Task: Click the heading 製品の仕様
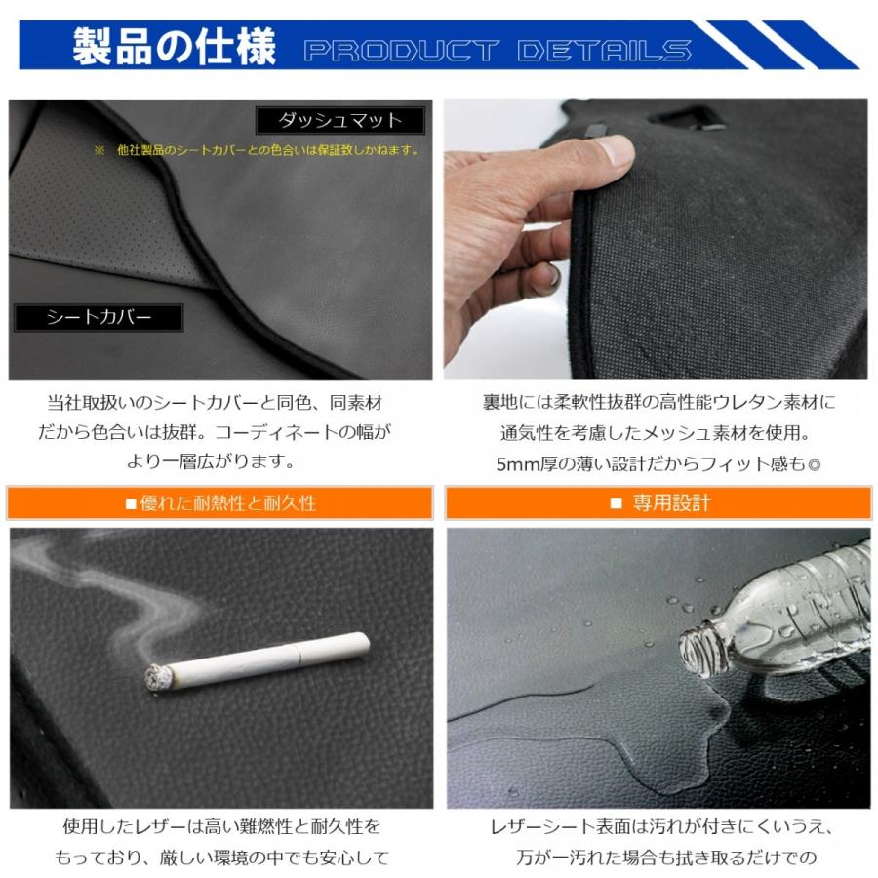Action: click(x=174, y=46)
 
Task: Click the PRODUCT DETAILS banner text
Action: click(x=497, y=50)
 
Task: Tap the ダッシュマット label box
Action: click(x=340, y=120)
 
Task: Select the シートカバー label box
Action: click(x=99, y=317)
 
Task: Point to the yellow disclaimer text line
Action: click(x=256, y=151)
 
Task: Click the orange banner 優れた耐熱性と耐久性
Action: click(x=220, y=503)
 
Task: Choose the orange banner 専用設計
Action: click(x=658, y=503)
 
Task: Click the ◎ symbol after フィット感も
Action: click(x=814, y=464)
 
